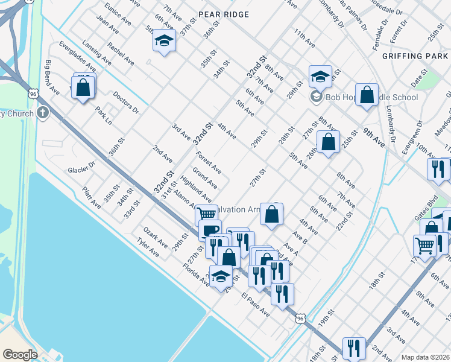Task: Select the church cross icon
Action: pos(42,112)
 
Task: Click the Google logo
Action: pos(20,354)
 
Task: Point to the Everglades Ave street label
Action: pos(78,57)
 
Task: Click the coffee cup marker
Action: pos(210,230)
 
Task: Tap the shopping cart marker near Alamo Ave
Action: pos(206,213)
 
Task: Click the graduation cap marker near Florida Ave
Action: pos(221,276)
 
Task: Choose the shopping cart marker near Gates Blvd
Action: pos(424,246)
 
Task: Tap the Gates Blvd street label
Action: pos(426,209)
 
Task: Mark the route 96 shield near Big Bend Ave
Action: pos(33,94)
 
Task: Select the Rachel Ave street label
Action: pos(121,54)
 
